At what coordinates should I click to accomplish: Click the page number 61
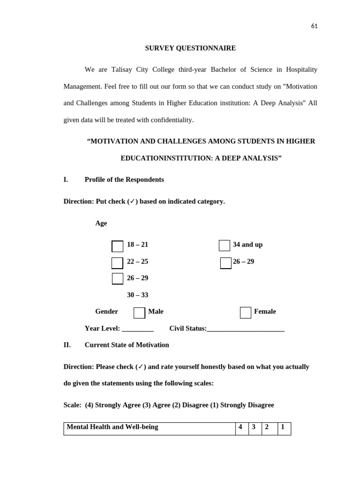pos(314,26)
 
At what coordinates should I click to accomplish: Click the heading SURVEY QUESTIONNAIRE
pos(190,48)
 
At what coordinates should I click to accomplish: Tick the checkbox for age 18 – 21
pos(117,246)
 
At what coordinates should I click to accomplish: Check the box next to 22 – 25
pos(117,263)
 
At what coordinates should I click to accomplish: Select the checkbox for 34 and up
pos(225,246)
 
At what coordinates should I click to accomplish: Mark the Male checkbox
pos(139,313)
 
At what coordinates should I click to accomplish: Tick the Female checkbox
pos(246,313)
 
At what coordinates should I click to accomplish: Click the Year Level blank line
pos(138,329)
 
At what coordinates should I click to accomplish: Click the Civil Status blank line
pos(245,329)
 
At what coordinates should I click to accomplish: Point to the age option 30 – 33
pos(137,295)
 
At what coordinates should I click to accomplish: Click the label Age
pos(101,223)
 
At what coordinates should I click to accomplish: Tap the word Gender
pos(106,311)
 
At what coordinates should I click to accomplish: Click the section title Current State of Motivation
pos(127,345)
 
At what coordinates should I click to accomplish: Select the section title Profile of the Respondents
pos(124,180)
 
